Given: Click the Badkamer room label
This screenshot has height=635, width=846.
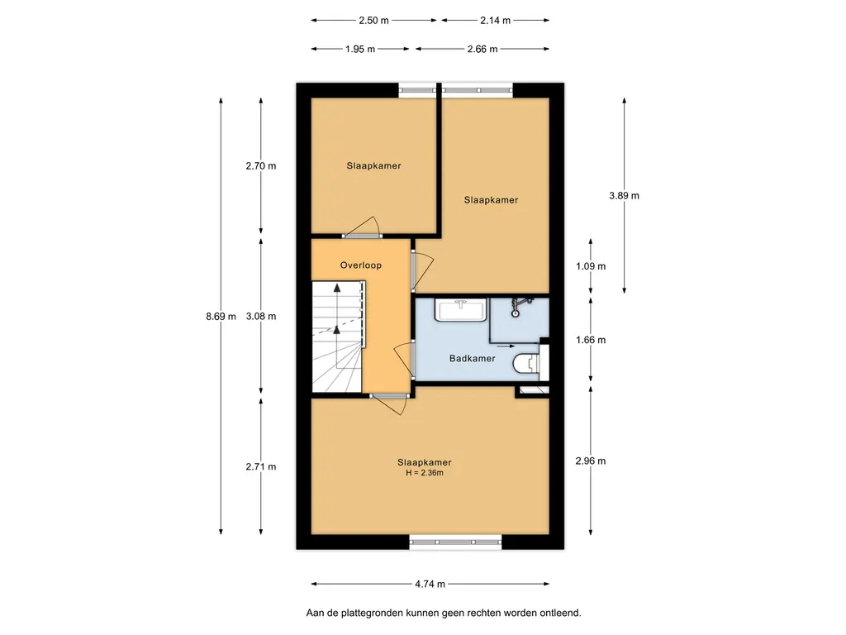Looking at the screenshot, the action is pyautogui.click(x=472, y=358).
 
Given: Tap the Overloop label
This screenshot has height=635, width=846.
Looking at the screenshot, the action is pyautogui.click(x=360, y=265).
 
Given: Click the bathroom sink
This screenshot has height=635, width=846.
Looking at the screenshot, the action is pyautogui.click(x=461, y=311).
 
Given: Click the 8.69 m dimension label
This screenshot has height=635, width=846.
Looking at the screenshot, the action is pyautogui.click(x=221, y=317).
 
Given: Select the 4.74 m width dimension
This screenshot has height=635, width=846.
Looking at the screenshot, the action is pyautogui.click(x=430, y=584).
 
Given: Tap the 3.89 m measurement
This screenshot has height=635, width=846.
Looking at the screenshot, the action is pyautogui.click(x=625, y=195).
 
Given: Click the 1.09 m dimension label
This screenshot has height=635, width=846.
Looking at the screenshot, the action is pyautogui.click(x=591, y=266).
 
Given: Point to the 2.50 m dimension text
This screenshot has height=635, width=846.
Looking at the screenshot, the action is pyautogui.click(x=374, y=21).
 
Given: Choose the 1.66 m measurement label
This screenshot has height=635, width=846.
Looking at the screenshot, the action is pyautogui.click(x=591, y=340).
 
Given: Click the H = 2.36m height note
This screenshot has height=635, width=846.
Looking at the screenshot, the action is pyautogui.click(x=425, y=473).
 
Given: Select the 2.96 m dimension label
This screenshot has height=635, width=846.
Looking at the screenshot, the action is pyautogui.click(x=591, y=461).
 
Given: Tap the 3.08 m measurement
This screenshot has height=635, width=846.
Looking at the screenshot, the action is pyautogui.click(x=261, y=317).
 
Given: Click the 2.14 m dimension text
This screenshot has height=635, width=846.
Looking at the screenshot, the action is pyautogui.click(x=496, y=21).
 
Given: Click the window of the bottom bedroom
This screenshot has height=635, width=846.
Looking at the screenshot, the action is pyautogui.click(x=455, y=542).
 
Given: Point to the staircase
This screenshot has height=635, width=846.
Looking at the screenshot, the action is pyautogui.click(x=338, y=337).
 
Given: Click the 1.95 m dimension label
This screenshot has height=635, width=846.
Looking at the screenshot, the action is pyautogui.click(x=360, y=49).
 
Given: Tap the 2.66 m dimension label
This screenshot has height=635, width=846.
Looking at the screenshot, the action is pyautogui.click(x=482, y=49).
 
